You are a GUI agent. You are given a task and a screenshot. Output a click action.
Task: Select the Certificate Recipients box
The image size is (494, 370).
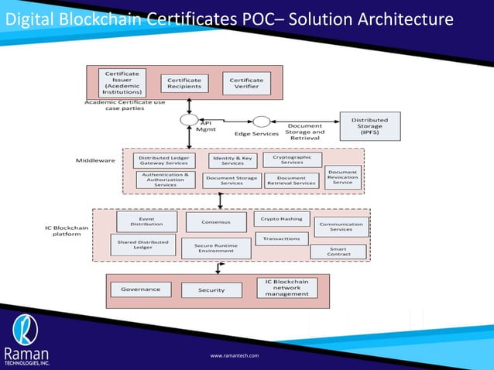click(x=185, y=83)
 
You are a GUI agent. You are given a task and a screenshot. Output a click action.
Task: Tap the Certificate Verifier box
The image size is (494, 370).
click(x=246, y=83)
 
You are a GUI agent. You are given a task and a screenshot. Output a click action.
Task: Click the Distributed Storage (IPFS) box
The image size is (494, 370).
click(x=369, y=125)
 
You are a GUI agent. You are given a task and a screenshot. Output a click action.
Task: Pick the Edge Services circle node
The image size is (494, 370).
click(x=262, y=122)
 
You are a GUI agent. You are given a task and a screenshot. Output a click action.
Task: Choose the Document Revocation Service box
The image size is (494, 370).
click(x=342, y=176)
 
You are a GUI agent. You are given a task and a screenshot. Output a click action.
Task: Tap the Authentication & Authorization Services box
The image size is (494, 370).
click(x=165, y=180)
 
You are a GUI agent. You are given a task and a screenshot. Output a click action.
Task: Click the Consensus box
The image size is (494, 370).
click(x=216, y=222)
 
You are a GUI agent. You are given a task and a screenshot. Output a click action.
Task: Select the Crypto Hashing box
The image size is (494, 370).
click(x=282, y=219)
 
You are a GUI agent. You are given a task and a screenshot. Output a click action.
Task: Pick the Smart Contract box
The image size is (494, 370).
click(x=338, y=252)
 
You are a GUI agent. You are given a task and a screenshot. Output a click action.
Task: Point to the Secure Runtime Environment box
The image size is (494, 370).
click(x=216, y=248)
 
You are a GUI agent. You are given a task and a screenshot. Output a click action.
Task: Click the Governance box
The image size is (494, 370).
click(x=140, y=289)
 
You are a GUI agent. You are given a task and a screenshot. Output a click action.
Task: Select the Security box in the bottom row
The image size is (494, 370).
click(x=211, y=290)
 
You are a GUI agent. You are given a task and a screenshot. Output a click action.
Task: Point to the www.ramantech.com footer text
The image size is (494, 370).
click(x=235, y=355)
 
